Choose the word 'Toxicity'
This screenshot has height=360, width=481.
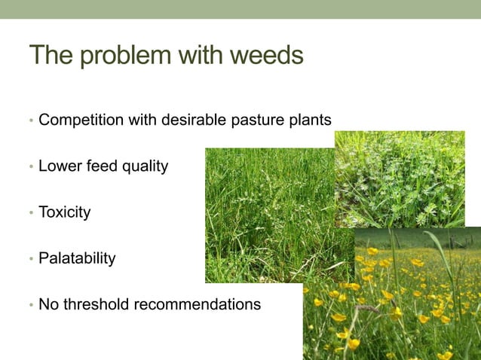pos(64,213)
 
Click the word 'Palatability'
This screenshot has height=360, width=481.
pos(77,259)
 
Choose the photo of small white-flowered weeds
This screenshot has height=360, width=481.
pos(400,177)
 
